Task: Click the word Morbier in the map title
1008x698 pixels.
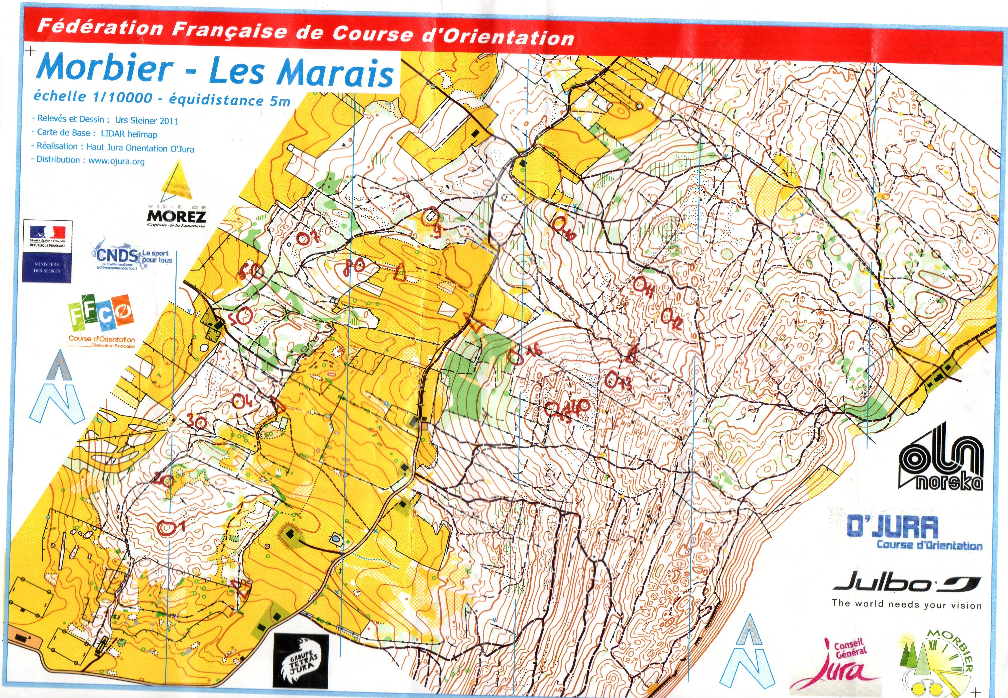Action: (105, 68)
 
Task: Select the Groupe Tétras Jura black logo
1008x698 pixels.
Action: (301, 661)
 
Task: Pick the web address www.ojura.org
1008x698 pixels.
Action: (116, 161)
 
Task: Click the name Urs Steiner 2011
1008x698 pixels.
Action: (146, 121)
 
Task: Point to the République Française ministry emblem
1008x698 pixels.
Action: (47, 251)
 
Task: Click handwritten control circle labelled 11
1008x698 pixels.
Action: (643, 286)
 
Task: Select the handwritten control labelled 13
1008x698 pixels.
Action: (616, 381)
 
